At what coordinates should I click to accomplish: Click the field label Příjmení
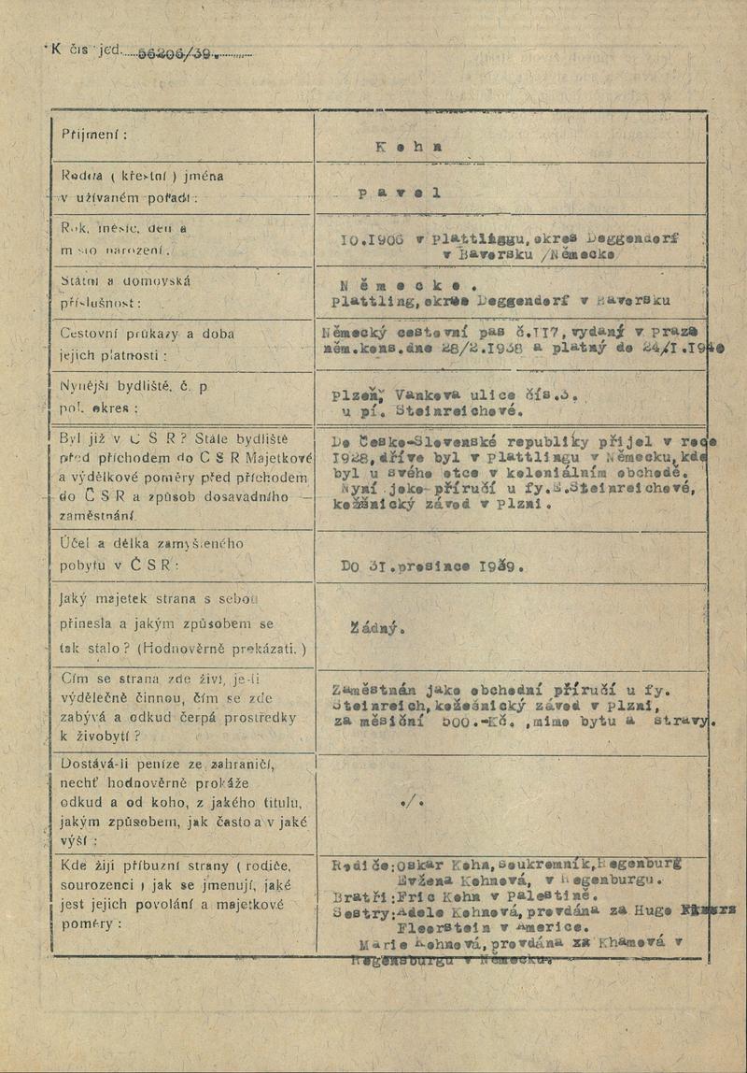pos(94,134)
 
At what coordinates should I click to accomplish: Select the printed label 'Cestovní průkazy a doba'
pos(148,334)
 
